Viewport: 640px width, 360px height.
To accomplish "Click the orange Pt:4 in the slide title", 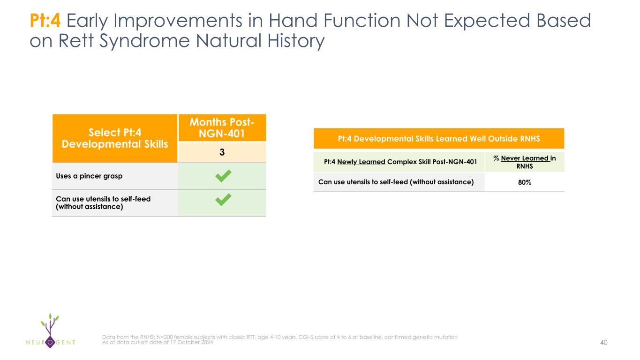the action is pos(45,20).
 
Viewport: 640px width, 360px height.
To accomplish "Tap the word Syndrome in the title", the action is pos(144,41).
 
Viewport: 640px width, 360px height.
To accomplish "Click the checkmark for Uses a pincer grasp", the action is pos(223,176).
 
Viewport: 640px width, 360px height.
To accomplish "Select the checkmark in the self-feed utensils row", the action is pos(223,200).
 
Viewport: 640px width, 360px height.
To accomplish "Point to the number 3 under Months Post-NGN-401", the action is pos(222,152).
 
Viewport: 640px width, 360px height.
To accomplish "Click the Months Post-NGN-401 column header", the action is pos(222,127).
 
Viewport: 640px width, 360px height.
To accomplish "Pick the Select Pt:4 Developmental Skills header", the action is pos(115,138).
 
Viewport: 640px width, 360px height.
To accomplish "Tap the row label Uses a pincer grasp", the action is pos(89,176).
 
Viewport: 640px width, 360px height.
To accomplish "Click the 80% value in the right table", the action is pos(525,182).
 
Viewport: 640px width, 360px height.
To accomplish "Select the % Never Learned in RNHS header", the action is pos(525,162).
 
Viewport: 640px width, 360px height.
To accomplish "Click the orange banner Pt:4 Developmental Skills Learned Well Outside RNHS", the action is pos(439,139).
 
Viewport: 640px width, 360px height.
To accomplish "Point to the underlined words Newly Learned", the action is pos(361,162).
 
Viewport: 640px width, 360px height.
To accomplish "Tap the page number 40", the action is pos(604,342).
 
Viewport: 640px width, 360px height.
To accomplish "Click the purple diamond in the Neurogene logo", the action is pos(50,342).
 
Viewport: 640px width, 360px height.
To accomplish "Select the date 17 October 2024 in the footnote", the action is pos(191,342).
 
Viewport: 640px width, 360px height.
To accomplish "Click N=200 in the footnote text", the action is pos(165,337).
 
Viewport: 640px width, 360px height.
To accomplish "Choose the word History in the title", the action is pos(296,41).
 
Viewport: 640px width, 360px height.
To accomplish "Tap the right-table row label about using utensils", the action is pos(396,182).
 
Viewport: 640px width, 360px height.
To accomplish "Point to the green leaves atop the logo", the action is pos(50,319).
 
